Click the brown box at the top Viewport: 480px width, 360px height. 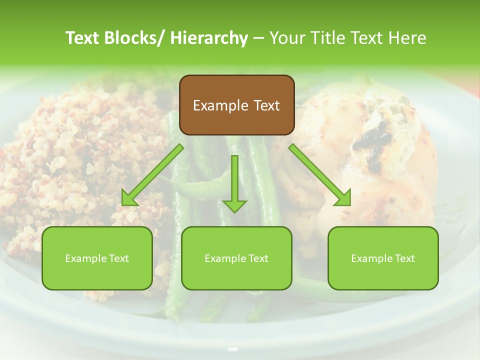(x=236, y=105)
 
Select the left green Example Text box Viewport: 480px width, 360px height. (x=97, y=258)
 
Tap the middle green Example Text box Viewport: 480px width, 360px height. (x=236, y=258)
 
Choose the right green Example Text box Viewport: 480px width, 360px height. (x=383, y=258)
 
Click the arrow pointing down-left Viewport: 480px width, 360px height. (x=152, y=175)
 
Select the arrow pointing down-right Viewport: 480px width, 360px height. (x=320, y=175)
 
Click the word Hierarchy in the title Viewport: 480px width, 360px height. (x=209, y=38)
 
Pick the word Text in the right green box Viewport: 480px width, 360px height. (x=404, y=258)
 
